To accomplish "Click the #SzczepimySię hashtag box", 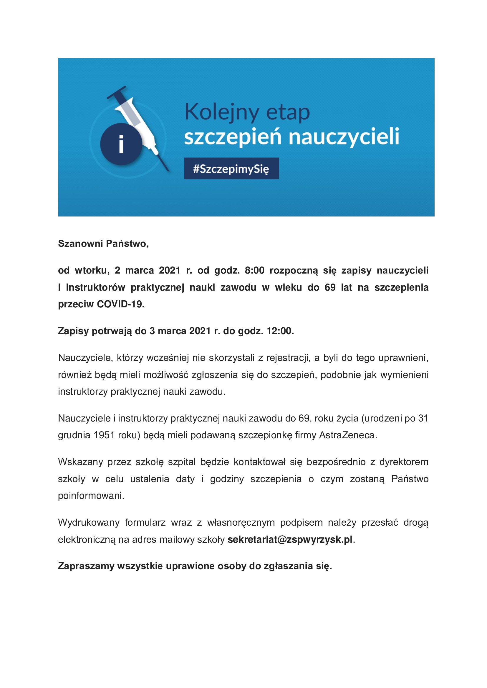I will (x=231, y=169).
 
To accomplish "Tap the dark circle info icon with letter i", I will (x=121, y=144).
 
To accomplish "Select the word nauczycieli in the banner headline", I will (x=344, y=137).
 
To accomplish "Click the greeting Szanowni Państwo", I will (x=103, y=244).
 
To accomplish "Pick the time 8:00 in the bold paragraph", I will (x=254, y=270).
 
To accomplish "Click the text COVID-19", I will (x=120, y=304).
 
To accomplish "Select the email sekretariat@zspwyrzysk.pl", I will (x=290, y=539).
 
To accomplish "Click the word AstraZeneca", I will (x=347, y=435).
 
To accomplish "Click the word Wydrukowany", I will (x=89, y=522).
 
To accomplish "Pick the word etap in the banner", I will (x=288, y=112).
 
